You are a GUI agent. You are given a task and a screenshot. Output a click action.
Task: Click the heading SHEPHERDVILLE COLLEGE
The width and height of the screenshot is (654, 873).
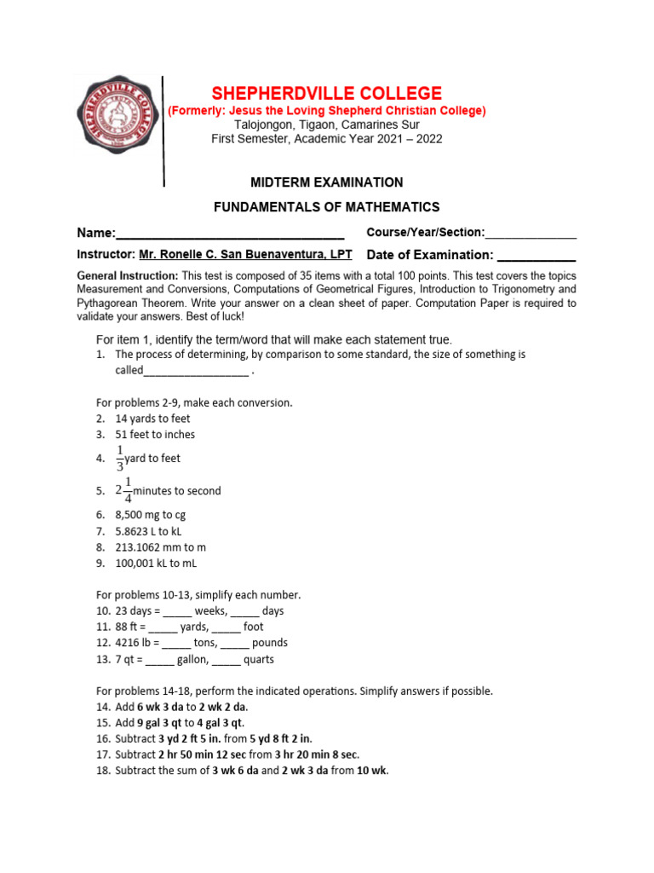pos(326,93)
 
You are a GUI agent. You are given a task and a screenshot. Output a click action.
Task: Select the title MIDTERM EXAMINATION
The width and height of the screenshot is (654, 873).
pos(326,182)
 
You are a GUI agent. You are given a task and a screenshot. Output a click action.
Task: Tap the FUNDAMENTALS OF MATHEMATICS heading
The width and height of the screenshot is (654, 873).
pos(326,207)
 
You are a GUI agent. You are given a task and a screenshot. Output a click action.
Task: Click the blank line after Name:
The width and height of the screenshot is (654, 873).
pos(229,234)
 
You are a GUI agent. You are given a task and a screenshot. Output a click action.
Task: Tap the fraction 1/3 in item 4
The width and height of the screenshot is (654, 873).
pos(120,458)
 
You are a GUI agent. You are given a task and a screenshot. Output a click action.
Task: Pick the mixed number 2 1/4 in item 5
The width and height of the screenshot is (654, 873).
pos(124,490)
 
